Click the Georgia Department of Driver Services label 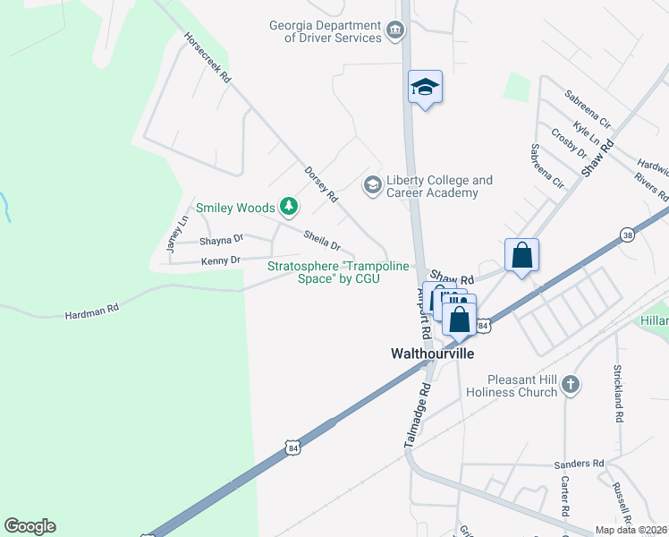pyautogui.click(x=324, y=31)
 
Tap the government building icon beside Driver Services pyautogui.click(x=394, y=33)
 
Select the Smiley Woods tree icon pyautogui.click(x=288, y=208)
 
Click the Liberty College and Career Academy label pyautogui.click(x=438, y=186)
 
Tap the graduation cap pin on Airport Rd pyautogui.click(x=426, y=88)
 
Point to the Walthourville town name pyautogui.click(x=432, y=354)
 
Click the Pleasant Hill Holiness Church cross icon pyautogui.click(x=571, y=385)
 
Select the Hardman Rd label pyautogui.click(x=91, y=314)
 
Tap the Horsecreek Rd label pyautogui.click(x=207, y=59)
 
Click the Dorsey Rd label pyautogui.click(x=320, y=183)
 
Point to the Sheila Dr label pyautogui.click(x=322, y=240)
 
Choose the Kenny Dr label pyautogui.click(x=221, y=260)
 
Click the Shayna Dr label pyautogui.click(x=221, y=240)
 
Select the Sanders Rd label pyautogui.click(x=579, y=464)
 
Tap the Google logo pyautogui.click(x=30, y=526)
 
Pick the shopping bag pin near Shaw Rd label pyautogui.click(x=522, y=256)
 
